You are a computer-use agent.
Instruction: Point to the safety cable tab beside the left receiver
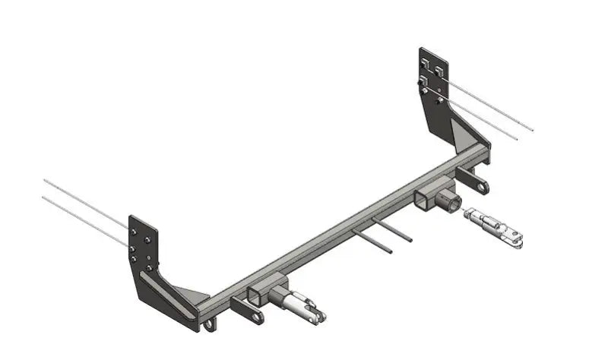click(x=245, y=311)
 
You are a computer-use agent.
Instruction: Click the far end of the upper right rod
click(x=534, y=131)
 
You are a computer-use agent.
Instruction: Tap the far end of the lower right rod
click(x=517, y=141)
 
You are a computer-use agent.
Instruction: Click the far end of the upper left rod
click(x=45, y=180)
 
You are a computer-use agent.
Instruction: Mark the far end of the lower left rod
click(x=43, y=197)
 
